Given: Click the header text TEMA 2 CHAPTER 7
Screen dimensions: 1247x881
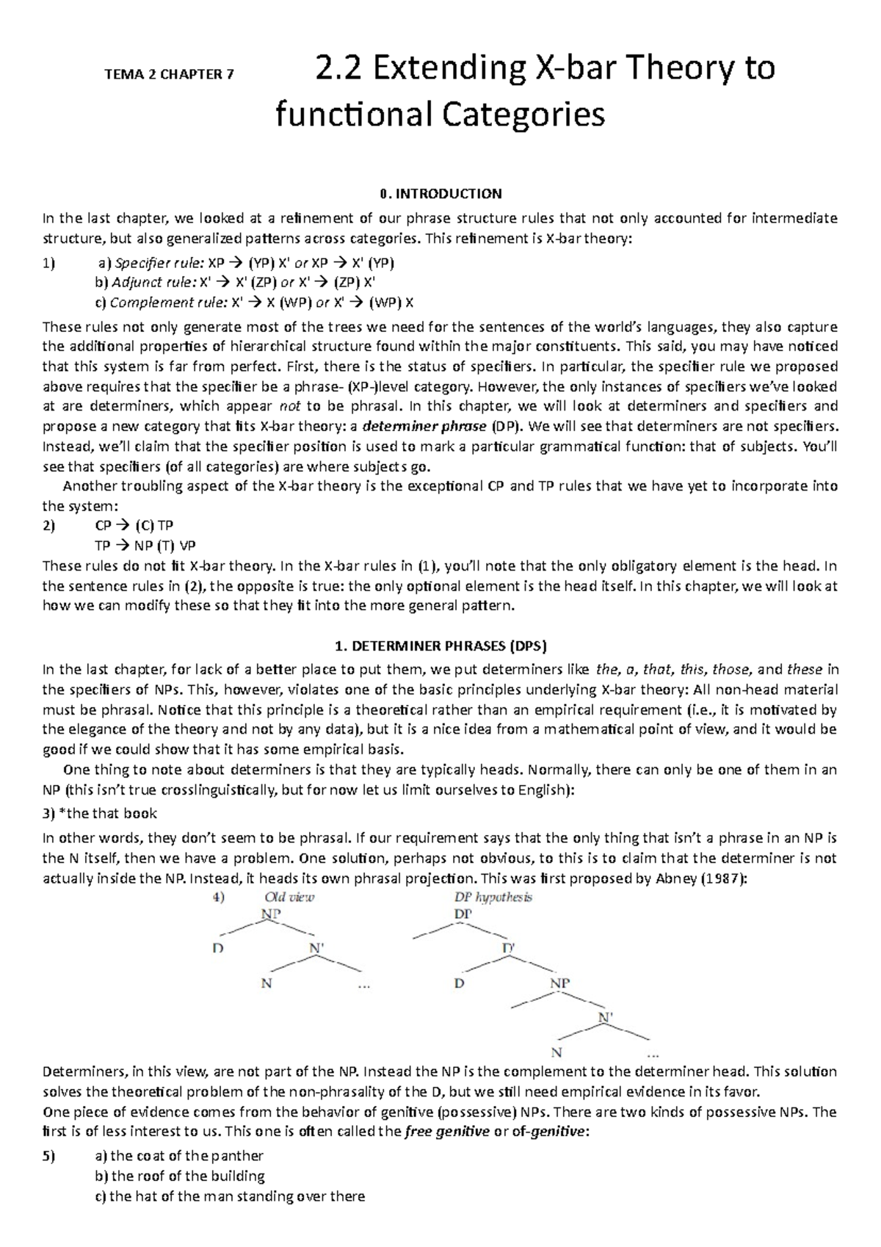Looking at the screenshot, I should pyautogui.click(x=170, y=74).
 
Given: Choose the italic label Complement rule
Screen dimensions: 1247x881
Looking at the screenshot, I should pyautogui.click(x=165, y=303).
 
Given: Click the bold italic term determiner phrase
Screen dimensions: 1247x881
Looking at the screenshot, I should pyautogui.click(x=424, y=426).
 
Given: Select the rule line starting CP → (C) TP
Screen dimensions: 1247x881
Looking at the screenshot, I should pyautogui.click(x=134, y=526).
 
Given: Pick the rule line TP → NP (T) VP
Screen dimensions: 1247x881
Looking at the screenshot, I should pyautogui.click(x=145, y=546).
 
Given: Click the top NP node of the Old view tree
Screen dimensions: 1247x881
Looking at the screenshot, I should pyautogui.click(x=271, y=914).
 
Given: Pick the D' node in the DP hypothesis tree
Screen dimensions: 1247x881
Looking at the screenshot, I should pyautogui.click(x=509, y=948).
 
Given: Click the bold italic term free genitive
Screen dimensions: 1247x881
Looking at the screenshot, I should pyautogui.click(x=447, y=1132).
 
